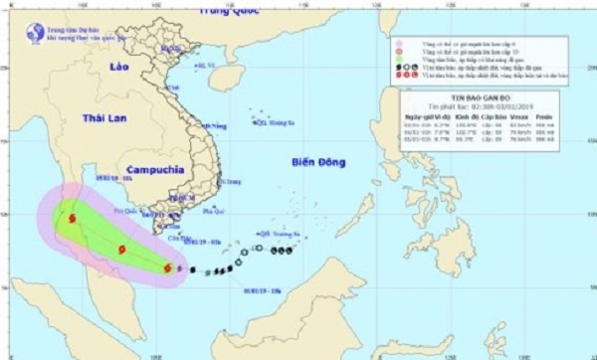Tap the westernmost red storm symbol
pos(74,218)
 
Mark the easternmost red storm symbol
pos(166,267)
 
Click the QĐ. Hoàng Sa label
pos(267,124)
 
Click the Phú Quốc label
pos(129,211)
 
